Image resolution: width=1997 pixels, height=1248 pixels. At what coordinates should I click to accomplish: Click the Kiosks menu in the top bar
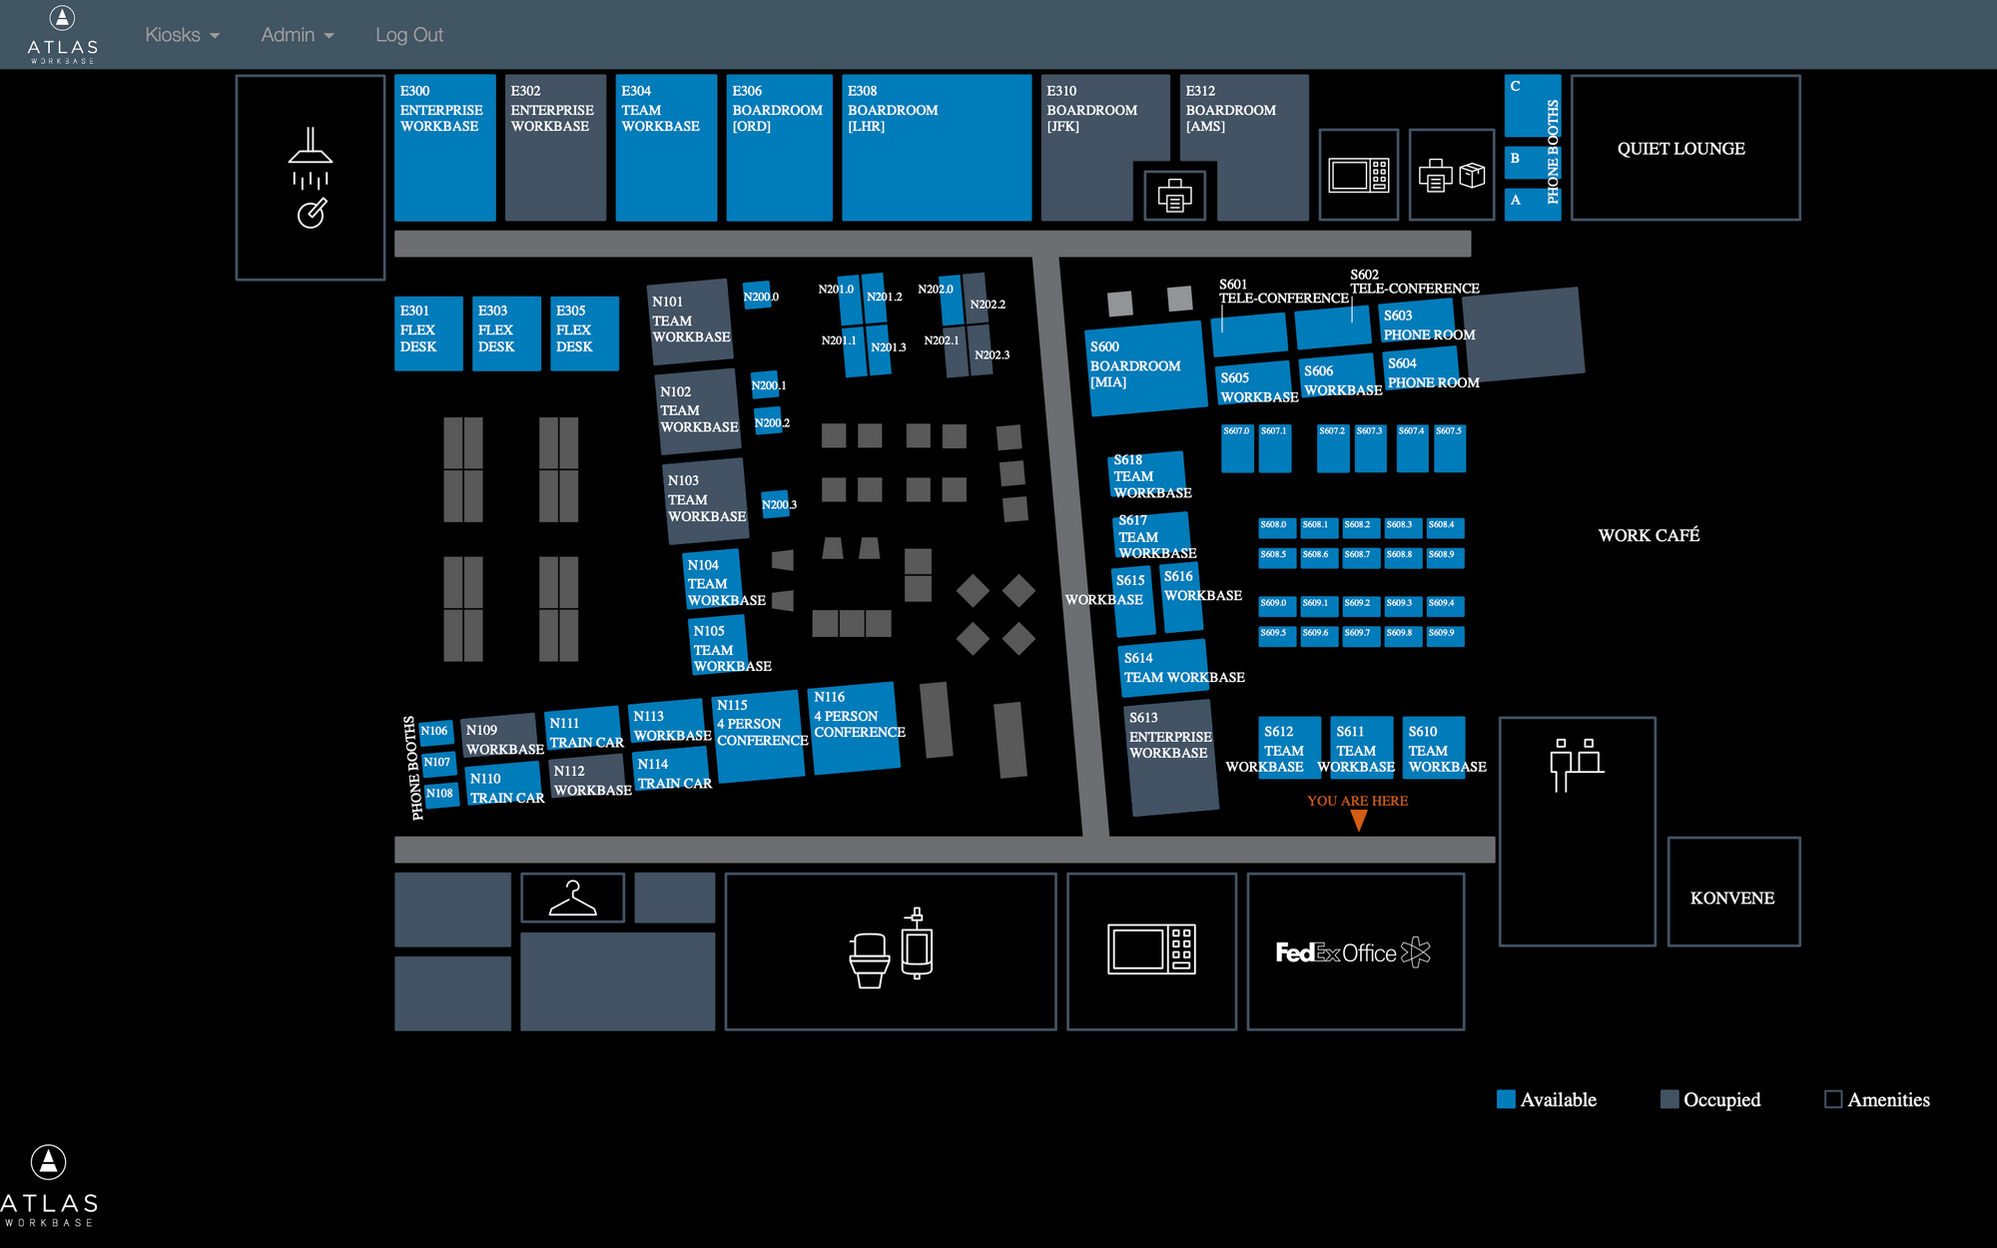pos(181,35)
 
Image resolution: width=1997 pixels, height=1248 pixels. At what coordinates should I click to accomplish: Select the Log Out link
pos(408,35)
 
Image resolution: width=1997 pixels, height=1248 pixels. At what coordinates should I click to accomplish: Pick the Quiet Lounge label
pos(1680,149)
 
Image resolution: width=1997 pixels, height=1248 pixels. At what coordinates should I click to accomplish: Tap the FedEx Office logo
pos(1353,952)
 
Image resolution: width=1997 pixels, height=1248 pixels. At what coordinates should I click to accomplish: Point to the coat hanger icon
pos(572,898)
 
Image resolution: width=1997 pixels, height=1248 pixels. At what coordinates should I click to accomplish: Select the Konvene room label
pos(1732,898)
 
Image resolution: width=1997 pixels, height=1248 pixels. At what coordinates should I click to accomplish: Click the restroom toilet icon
pos(870,958)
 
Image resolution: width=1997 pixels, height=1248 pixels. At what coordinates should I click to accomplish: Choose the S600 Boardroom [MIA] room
pos(1145,367)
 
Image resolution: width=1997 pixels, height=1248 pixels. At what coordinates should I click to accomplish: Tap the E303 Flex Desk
pos(506,332)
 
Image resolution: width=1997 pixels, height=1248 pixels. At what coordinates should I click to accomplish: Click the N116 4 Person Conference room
pos(856,728)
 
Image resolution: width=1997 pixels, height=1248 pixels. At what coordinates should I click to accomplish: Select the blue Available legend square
pos(1506,1099)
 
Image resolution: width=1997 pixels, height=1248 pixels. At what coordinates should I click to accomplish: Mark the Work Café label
pos(1649,535)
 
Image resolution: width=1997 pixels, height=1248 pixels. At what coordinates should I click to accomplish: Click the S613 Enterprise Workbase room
pos(1171,757)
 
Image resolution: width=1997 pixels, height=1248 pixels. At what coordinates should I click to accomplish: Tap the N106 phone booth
pos(434,731)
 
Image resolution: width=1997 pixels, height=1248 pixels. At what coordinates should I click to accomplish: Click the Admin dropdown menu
pos(297,35)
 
